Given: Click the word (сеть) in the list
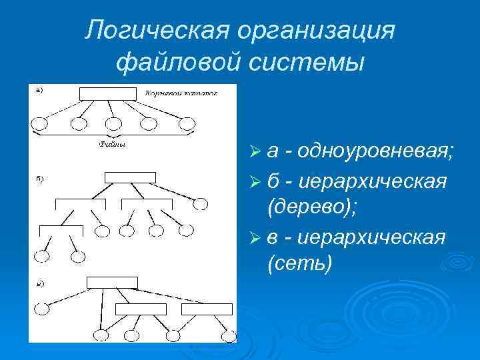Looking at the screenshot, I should tap(299, 263).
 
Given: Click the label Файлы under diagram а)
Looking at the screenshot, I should tap(113, 143).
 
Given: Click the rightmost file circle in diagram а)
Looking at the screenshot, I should tap(187, 123).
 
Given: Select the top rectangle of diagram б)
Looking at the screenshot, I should tap(130, 177).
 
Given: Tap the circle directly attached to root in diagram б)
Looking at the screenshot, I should tap(200, 204).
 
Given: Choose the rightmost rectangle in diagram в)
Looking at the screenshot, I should tap(207, 309).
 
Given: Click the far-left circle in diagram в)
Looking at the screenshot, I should tap(43, 309).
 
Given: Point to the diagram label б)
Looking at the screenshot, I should tap(41, 179).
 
